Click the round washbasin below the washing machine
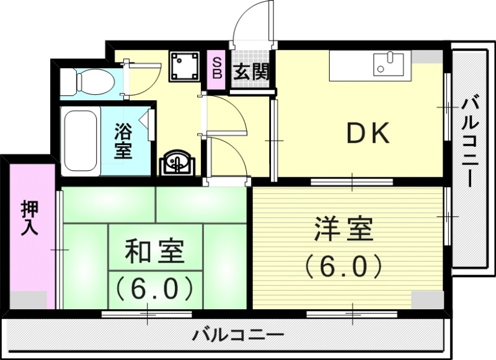[x=177, y=163]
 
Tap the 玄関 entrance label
[x=250, y=71]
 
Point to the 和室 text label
[x=155, y=253]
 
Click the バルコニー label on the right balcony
[x=469, y=142]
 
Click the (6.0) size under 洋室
[x=342, y=267]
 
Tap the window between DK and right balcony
[x=446, y=107]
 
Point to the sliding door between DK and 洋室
[x=351, y=182]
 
